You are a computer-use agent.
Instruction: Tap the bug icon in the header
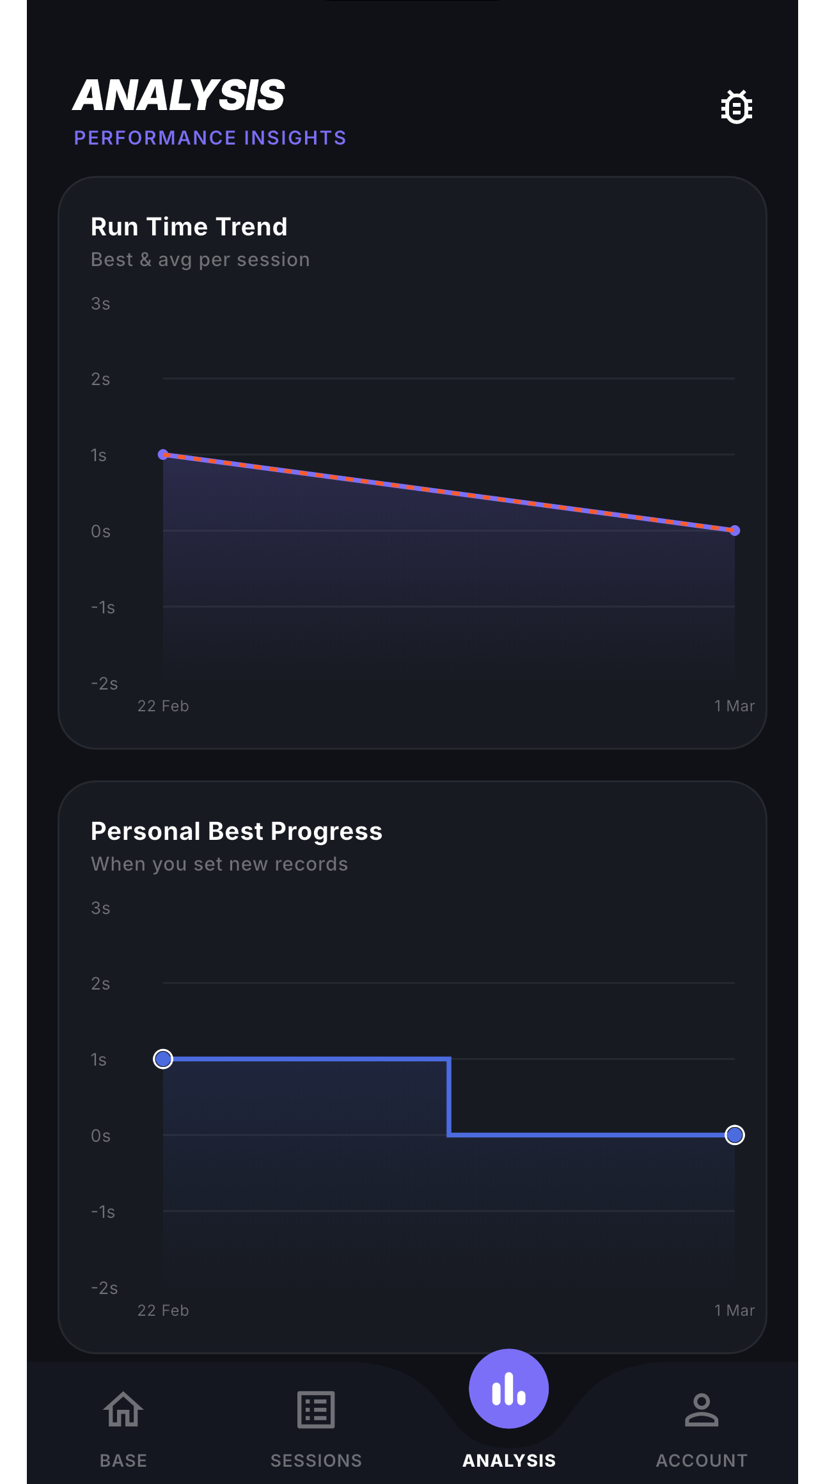736,107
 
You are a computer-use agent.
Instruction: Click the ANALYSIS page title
179,96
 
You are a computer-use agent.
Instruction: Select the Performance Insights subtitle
210,138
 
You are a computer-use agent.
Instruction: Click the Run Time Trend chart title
189,227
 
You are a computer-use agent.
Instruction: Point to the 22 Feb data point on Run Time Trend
163,454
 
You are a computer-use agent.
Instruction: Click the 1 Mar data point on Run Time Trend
735,530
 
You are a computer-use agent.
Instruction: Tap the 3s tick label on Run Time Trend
100,304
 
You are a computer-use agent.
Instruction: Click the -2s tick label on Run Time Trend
104,684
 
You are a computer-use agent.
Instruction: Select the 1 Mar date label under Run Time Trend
734,706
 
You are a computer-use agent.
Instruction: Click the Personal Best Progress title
237,832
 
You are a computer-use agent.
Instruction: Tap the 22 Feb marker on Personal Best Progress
163,1059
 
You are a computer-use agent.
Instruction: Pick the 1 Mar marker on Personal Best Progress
735,1135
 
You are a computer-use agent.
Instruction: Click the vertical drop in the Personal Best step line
449,1097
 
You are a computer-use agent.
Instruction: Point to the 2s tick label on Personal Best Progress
100,984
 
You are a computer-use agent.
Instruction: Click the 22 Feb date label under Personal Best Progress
163,1311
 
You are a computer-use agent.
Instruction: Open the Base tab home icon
123,1410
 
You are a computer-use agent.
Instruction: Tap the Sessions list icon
316,1410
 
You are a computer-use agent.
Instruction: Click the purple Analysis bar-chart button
509,1389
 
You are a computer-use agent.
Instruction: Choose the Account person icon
702,1410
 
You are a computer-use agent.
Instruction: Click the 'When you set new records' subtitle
219,864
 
